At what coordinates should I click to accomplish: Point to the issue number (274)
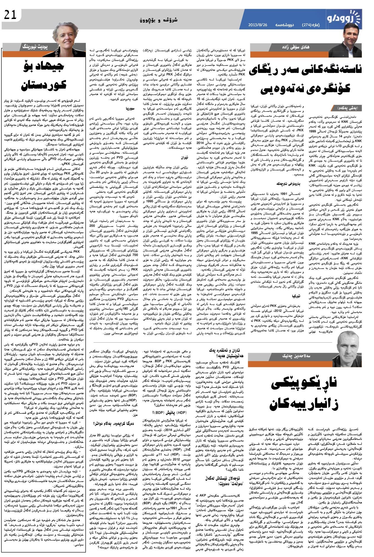[x=307, y=25]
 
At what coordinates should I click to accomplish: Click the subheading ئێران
[x=183, y=158]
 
